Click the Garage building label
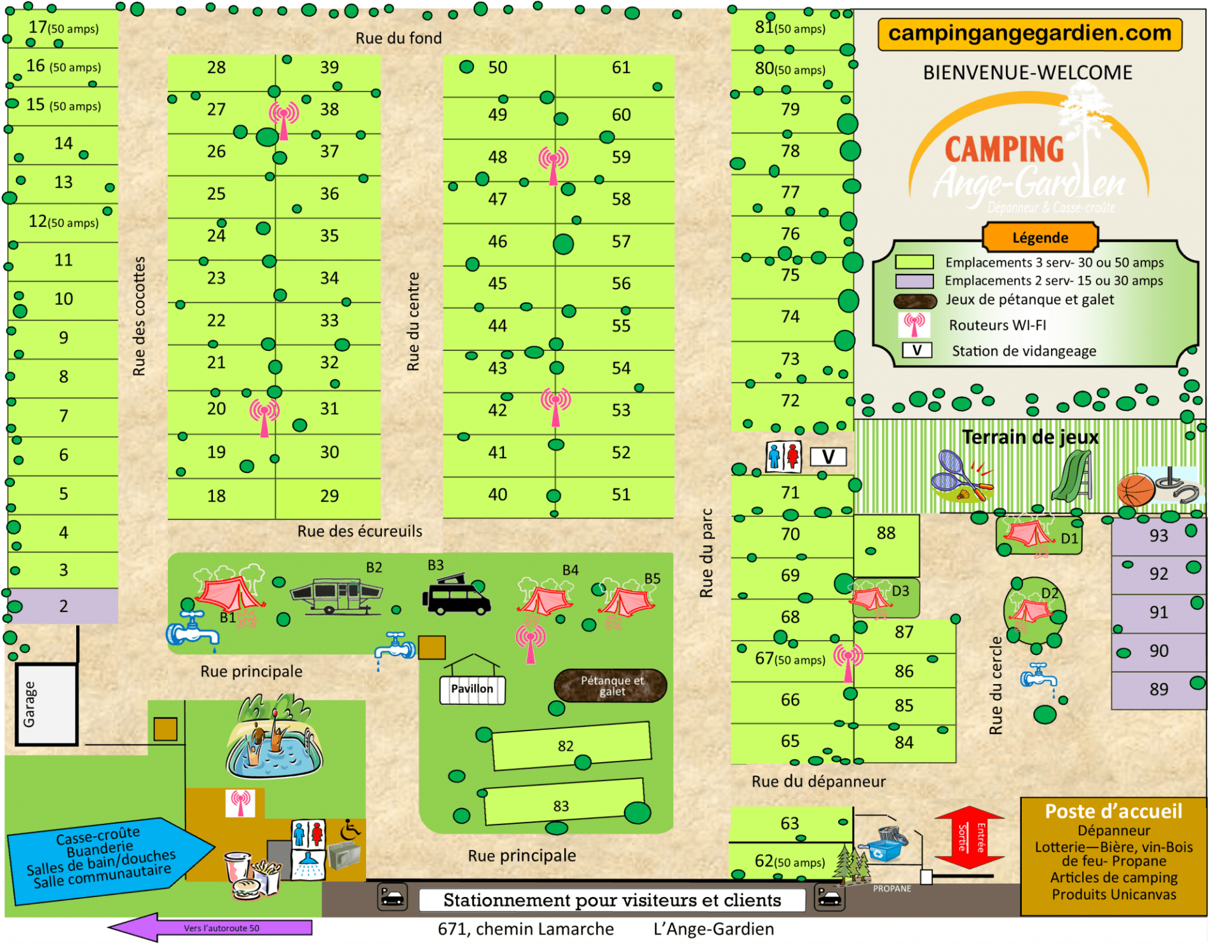tap(29, 704)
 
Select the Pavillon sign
tap(472, 689)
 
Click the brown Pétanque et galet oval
tap(611, 686)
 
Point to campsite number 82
tap(566, 746)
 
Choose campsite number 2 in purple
tap(64, 606)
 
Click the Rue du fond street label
tap(398, 38)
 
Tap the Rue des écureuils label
tap(360, 531)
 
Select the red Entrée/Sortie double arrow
tap(969, 837)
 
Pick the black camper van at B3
tap(456, 596)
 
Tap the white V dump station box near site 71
tap(828, 457)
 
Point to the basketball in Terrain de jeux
tap(1135, 489)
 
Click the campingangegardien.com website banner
tap(1029, 34)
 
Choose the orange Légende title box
tap(1040, 237)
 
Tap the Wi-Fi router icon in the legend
tap(914, 324)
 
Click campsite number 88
tap(886, 533)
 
